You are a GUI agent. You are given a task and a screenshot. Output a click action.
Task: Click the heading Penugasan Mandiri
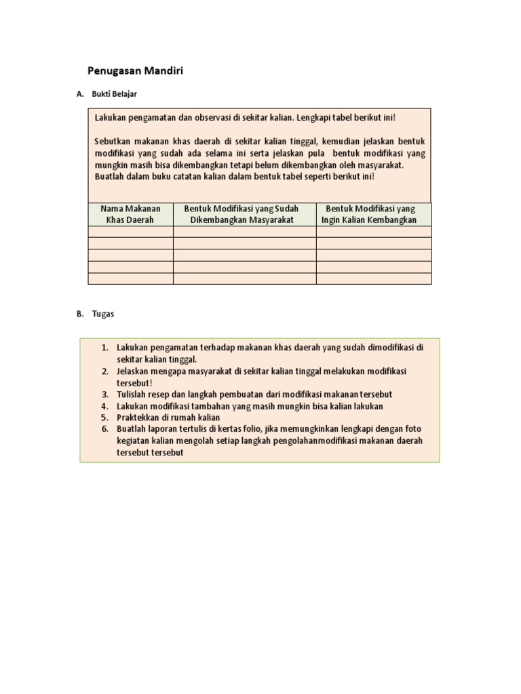click(136, 70)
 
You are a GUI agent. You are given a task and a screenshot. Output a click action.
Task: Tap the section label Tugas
click(103, 314)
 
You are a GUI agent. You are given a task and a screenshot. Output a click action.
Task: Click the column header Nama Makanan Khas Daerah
click(130, 214)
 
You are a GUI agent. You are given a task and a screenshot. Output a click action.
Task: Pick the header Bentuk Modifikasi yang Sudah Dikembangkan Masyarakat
click(242, 214)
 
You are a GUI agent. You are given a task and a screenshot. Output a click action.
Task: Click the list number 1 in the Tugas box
click(105, 348)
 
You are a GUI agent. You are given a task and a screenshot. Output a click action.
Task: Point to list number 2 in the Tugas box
click(105, 371)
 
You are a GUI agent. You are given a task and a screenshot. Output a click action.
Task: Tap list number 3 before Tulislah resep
click(105, 394)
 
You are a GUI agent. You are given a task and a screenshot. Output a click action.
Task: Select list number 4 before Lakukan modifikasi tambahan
click(105, 406)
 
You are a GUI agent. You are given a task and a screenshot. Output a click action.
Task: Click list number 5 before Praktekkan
click(105, 417)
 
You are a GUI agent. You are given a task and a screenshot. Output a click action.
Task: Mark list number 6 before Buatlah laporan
click(105, 429)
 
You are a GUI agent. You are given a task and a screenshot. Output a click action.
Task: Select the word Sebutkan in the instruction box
click(112, 141)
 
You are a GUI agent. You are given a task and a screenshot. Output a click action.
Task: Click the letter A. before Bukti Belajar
click(80, 94)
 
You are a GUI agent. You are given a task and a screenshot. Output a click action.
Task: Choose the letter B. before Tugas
click(80, 314)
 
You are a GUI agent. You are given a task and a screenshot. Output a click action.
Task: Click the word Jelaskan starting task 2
click(133, 371)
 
